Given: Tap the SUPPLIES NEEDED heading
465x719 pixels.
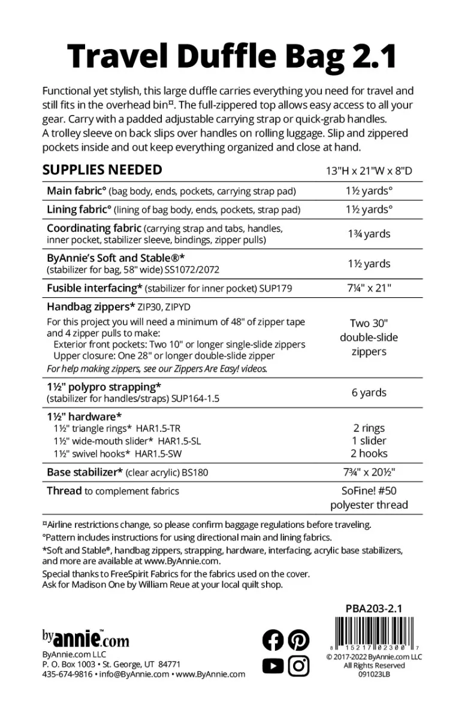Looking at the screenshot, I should click(x=102, y=170).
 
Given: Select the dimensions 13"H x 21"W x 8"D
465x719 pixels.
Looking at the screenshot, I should click(x=369, y=171).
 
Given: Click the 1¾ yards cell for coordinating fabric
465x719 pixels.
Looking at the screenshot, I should click(x=369, y=234).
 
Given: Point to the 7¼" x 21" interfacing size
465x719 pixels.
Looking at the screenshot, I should click(x=369, y=288).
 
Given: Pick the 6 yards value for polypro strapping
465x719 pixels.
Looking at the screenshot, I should click(x=369, y=392).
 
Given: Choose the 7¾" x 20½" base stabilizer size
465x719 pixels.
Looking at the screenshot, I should click(x=369, y=472).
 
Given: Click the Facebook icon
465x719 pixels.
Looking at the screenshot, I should click(x=273, y=641).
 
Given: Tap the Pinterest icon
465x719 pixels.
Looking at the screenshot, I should click(x=298, y=641).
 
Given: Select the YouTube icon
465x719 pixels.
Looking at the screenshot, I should click(x=273, y=666).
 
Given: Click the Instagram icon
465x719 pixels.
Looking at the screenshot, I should click(x=298, y=666).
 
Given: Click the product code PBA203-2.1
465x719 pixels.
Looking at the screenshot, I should click(x=374, y=609).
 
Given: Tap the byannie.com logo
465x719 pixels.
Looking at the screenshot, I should click(x=85, y=638).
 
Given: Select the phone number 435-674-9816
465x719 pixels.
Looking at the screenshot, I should click(x=68, y=674).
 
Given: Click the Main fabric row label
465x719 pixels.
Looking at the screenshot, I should click(x=77, y=192).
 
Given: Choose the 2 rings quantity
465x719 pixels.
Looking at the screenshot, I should click(x=369, y=428).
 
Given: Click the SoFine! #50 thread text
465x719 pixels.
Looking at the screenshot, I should click(x=369, y=491).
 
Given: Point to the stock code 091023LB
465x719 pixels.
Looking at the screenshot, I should click(x=374, y=673).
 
